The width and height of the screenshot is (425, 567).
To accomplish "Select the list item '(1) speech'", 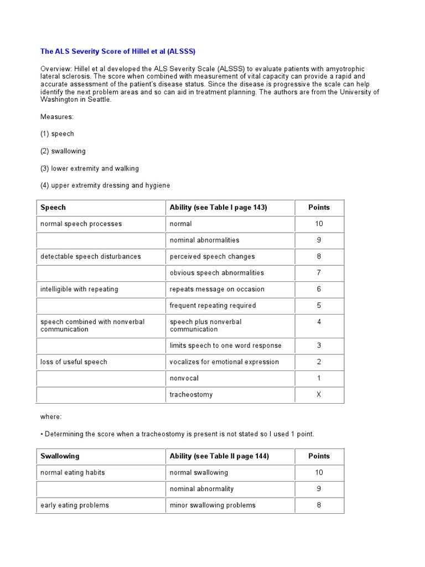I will point(57,133).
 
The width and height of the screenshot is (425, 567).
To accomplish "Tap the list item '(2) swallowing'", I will point(63,151).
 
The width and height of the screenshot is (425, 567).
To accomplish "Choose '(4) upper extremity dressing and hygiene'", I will point(105,185).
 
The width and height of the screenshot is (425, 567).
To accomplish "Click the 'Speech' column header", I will point(53,208).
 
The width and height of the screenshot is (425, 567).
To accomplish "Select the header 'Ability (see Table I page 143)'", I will point(219,208).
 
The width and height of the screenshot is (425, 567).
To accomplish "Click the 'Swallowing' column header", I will point(60,456).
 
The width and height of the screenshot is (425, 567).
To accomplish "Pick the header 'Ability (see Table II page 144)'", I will point(220,456).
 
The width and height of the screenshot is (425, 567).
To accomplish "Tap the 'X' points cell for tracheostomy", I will point(319,395).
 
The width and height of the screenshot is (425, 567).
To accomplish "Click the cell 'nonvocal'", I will point(184,378).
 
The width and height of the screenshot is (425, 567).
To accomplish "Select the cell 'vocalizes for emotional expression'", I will point(224,362).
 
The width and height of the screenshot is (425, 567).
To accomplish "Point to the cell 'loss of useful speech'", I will point(74,362).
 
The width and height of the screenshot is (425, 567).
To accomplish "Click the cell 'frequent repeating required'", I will point(212,305).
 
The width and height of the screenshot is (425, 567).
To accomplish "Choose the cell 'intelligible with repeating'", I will point(79,289).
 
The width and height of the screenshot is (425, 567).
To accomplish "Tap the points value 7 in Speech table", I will point(319,272).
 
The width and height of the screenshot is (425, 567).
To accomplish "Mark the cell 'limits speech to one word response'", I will point(225,346).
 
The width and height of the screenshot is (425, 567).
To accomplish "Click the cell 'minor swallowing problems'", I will point(212,505).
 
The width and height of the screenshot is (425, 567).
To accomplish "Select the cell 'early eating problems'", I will point(75,505).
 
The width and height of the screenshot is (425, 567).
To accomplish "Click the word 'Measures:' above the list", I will point(56,117).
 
